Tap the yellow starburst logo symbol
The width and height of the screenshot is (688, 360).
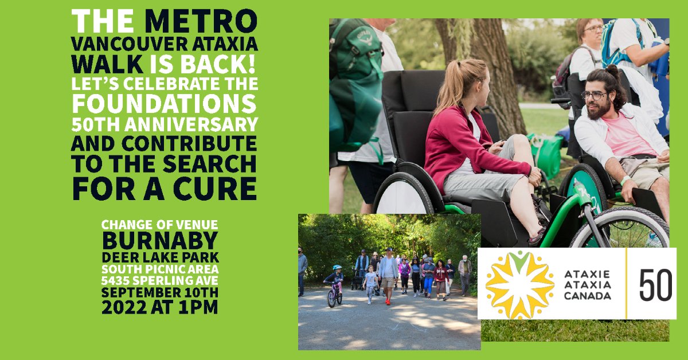(519, 284)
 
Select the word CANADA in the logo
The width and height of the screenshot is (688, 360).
(588, 296)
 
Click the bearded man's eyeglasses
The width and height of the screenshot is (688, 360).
(594, 95)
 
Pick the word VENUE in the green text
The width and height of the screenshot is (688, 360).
(195, 224)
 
